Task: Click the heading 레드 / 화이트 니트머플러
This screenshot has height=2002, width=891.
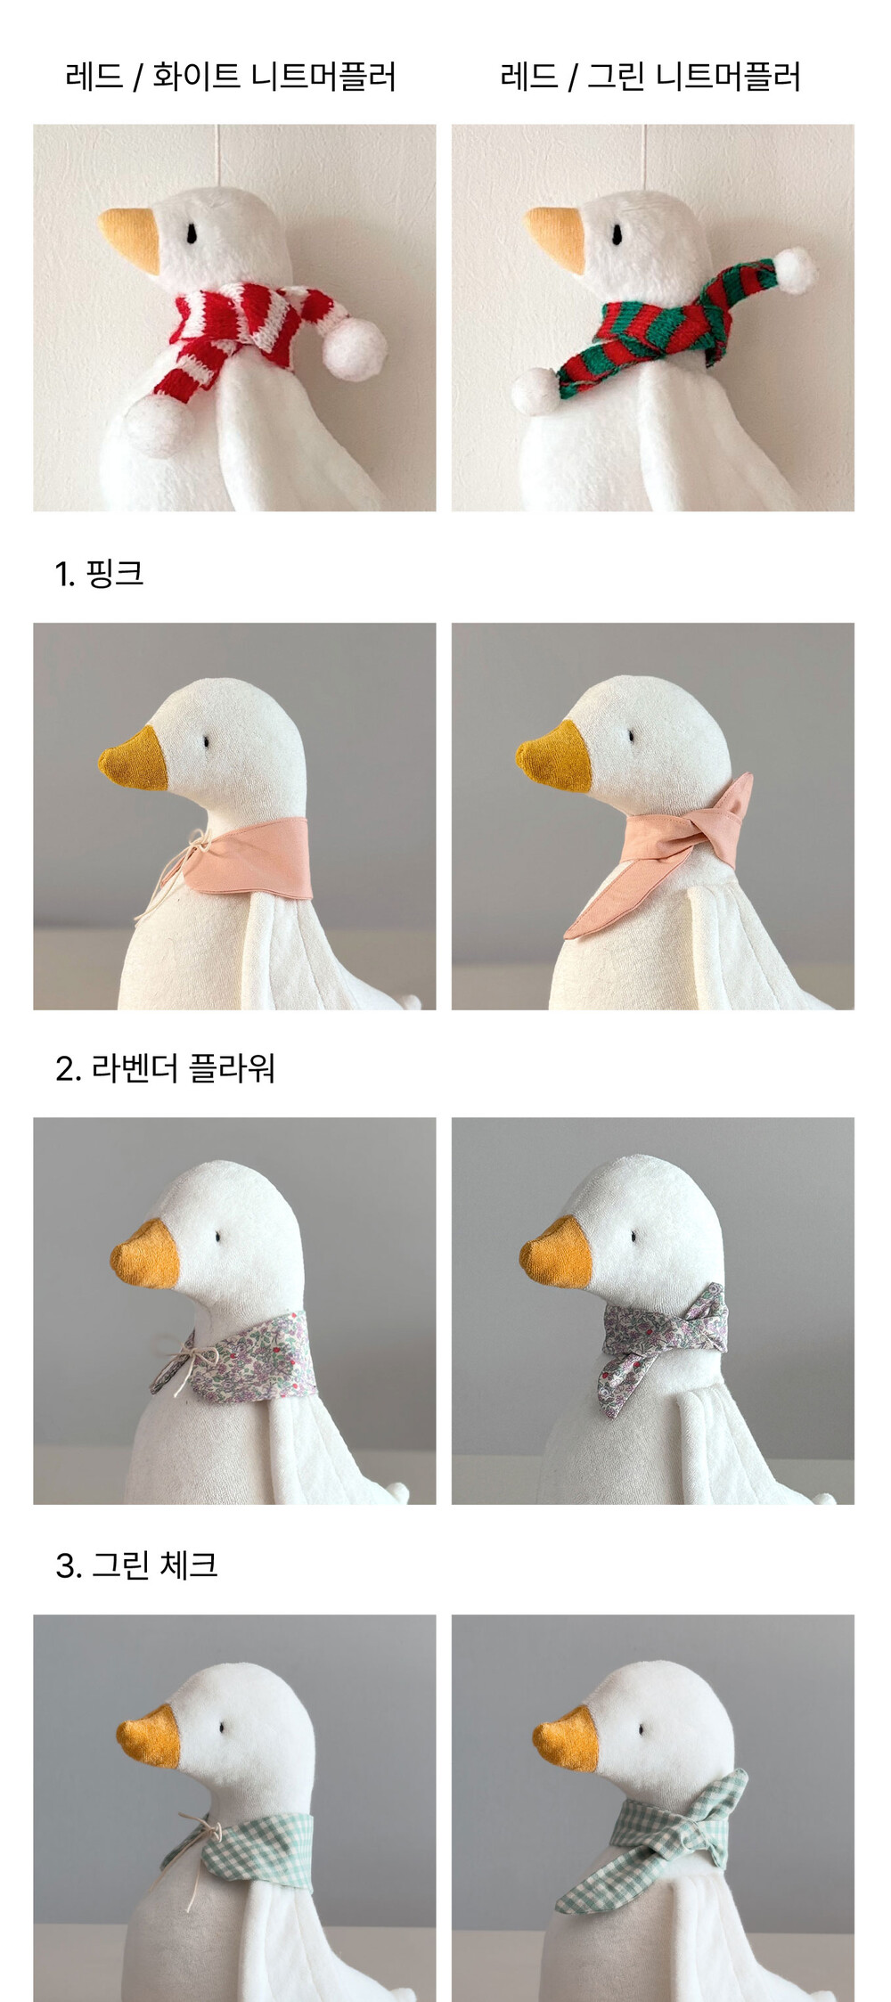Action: pyautogui.click(x=231, y=77)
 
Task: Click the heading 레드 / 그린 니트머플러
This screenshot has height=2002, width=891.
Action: pyautogui.click(x=650, y=77)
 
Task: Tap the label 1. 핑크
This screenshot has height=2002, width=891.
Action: pyautogui.click(x=99, y=573)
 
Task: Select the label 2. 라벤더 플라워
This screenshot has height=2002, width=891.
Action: pyautogui.click(x=165, y=1067)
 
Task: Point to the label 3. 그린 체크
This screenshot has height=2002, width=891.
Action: pyautogui.click(x=136, y=1564)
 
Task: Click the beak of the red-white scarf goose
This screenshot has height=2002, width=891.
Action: pyautogui.click(x=131, y=237)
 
